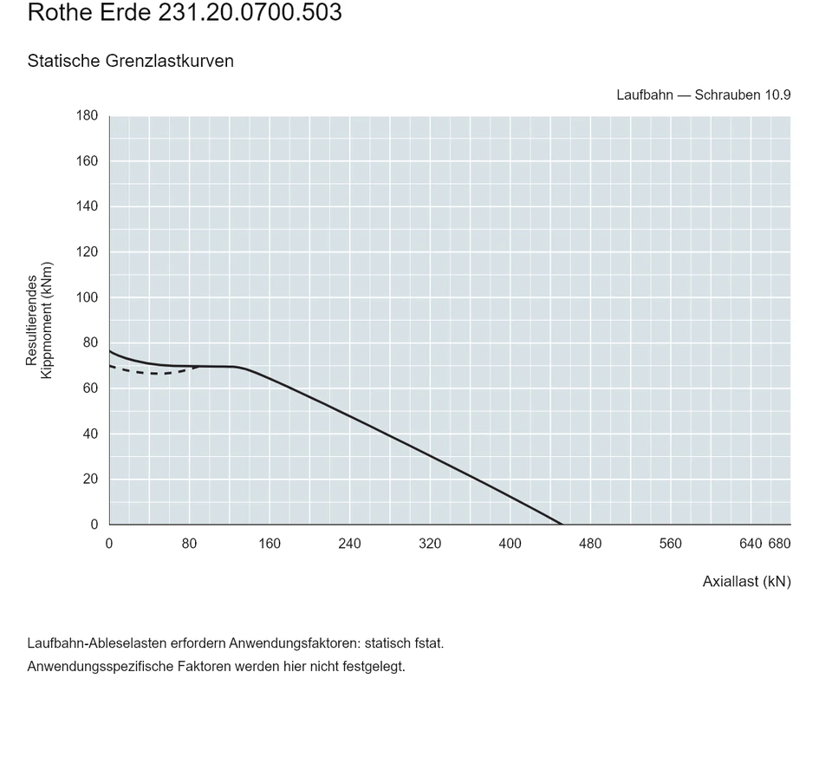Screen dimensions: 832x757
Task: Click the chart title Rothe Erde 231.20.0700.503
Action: [185, 11]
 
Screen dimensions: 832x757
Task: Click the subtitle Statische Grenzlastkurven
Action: [131, 61]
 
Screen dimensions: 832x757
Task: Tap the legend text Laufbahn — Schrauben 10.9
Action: [704, 95]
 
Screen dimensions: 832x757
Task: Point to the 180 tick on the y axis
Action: [87, 115]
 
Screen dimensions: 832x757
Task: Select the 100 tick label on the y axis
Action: [87, 297]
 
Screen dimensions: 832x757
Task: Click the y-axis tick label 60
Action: [91, 388]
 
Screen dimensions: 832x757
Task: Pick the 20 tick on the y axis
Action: [91, 479]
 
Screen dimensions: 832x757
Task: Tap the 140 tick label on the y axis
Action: [87, 206]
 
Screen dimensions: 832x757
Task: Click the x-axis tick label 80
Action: [190, 544]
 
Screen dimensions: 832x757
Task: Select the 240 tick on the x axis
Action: [349, 544]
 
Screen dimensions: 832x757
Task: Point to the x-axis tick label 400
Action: [510, 544]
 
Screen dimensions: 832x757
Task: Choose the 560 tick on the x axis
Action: [670, 544]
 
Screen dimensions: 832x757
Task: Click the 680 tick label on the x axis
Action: [779, 544]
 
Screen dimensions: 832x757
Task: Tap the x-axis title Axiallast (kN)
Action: [746, 582]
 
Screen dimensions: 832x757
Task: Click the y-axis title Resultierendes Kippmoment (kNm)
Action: [39, 320]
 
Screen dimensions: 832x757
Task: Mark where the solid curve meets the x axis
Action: [562, 525]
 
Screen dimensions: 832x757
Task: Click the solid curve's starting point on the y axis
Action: [109, 351]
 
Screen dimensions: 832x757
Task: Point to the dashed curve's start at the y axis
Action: [109, 366]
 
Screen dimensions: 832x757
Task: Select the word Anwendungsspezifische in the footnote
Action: [101, 667]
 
